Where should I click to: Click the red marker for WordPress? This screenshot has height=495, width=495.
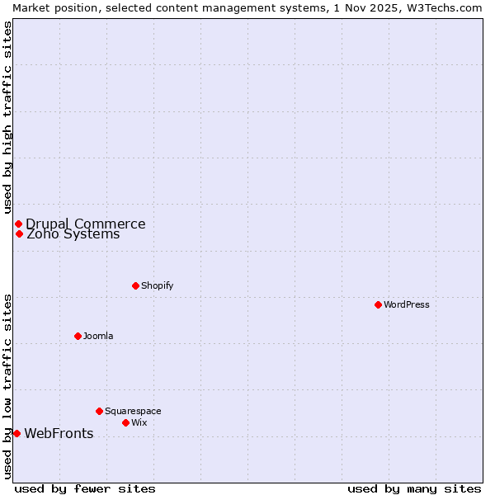pos(378,304)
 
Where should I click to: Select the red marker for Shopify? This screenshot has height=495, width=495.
pos(135,285)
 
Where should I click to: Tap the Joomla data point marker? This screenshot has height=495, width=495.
pos(78,336)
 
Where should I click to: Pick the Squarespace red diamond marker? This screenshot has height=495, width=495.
pos(99,411)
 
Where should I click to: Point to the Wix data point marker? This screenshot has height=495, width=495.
pos(125,422)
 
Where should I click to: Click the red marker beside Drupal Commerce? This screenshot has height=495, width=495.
pos(18,224)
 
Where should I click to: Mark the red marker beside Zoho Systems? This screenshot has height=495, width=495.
pos(19,233)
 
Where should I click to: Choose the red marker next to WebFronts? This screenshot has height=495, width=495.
pos(16,433)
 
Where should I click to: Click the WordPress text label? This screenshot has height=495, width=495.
pos(407,304)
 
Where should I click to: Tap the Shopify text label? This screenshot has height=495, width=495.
pos(157,285)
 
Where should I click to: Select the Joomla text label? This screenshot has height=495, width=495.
pos(98,336)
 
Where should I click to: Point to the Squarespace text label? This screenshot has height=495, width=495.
pos(133,411)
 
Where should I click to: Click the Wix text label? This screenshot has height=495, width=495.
pos(139,422)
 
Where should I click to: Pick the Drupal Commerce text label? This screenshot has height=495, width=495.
pos(86,224)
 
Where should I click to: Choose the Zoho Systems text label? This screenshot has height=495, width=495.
pos(73,234)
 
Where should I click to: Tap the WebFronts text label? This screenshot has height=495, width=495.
pos(59,434)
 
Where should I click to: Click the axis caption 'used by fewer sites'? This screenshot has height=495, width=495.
pos(85,488)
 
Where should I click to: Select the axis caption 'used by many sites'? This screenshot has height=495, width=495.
pos(414,488)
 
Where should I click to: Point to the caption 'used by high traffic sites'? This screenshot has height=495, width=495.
pos(7,117)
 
